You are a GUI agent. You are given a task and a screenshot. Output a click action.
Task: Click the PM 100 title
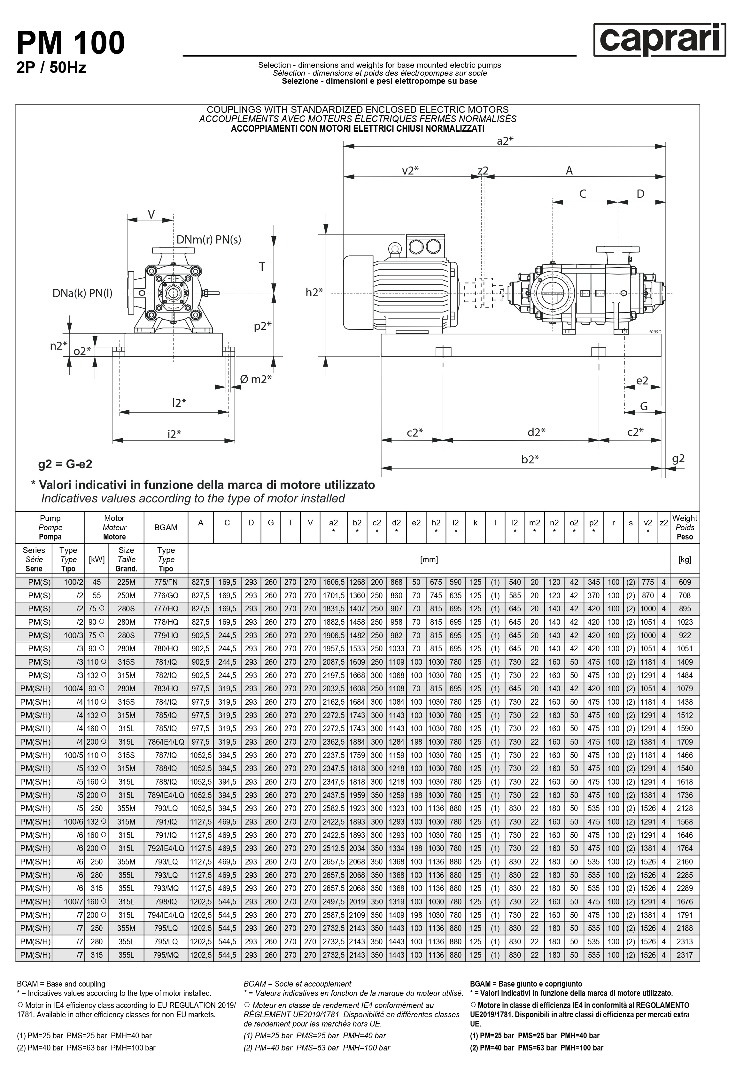click(x=71, y=43)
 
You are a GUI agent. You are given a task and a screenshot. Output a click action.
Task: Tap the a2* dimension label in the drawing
click(x=505, y=141)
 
